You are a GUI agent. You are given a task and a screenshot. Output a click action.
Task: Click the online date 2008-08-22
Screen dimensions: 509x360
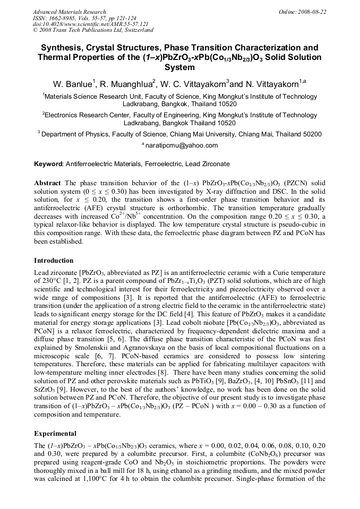312,12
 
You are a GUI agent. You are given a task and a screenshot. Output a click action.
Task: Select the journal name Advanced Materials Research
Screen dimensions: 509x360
69,12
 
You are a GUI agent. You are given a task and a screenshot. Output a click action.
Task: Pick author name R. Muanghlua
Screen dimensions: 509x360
128,83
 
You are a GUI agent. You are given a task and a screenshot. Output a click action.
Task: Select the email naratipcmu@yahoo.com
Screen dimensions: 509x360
182,145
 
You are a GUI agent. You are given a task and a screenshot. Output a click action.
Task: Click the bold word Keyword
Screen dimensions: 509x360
48,165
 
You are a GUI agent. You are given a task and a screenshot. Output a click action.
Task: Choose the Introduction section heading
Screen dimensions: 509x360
54,261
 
